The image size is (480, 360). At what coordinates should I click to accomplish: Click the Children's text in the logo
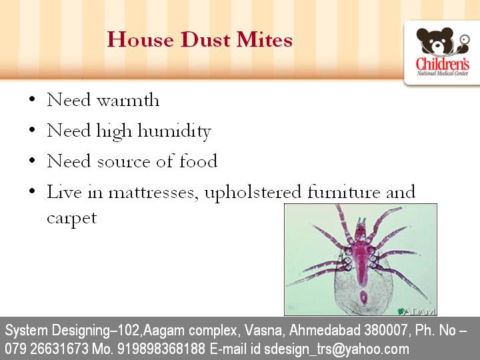click(x=443, y=65)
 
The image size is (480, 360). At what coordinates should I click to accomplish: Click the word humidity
click(x=174, y=131)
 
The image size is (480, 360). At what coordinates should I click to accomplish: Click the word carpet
click(x=71, y=218)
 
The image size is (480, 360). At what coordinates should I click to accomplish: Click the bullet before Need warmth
click(x=32, y=101)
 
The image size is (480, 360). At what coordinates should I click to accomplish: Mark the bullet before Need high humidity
click(x=32, y=131)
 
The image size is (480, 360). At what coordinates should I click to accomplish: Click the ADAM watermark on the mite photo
click(x=417, y=310)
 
